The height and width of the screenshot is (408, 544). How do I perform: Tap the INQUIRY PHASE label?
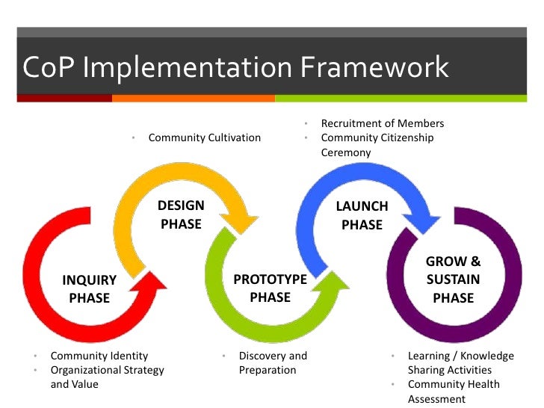click(90, 289)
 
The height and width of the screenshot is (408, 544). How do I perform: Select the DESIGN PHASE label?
click(181, 214)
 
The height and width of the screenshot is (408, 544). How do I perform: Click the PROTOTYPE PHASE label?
click(271, 288)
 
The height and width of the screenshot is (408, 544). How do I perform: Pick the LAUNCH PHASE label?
click(362, 215)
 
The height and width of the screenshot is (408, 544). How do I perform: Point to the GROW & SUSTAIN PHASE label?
click(453, 279)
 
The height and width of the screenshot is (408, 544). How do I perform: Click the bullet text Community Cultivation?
click(205, 137)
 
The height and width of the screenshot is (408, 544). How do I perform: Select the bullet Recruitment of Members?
click(382, 123)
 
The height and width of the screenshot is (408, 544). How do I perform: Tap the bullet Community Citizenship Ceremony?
click(377, 145)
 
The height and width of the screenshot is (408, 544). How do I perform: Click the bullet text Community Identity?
click(99, 356)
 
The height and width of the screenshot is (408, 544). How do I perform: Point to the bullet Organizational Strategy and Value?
click(107, 377)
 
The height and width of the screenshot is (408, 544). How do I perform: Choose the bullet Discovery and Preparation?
click(273, 362)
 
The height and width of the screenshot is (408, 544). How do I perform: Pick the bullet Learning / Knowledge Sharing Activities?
click(460, 362)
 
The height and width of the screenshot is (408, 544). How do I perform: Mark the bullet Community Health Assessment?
click(454, 392)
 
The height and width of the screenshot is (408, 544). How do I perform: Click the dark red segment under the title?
click(64, 98)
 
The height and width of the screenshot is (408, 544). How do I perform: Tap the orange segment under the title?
click(193, 98)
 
